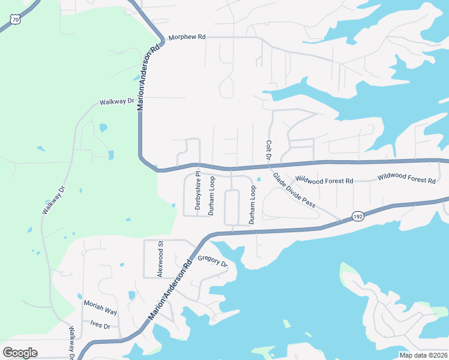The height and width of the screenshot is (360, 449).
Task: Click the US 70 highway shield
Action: point(16,19)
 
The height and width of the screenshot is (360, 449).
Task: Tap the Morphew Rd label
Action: point(187,37)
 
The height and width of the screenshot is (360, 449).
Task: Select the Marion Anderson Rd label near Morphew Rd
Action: point(149,76)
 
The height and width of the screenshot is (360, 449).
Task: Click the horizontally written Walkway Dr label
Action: point(117,102)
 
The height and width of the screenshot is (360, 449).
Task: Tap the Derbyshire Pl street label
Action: point(197,193)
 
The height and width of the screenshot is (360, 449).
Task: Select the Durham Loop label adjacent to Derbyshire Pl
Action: point(211,196)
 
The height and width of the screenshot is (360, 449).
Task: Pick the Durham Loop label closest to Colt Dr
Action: point(253,205)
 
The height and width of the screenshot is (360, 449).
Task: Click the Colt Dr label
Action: point(268,151)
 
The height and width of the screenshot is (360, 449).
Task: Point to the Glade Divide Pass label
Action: point(294,190)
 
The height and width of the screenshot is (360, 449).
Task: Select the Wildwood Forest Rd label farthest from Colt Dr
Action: point(406,179)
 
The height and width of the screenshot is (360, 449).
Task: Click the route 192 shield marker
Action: point(357,217)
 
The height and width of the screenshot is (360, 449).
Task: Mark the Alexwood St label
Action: point(160,259)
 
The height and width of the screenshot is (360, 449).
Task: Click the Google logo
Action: point(20,353)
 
